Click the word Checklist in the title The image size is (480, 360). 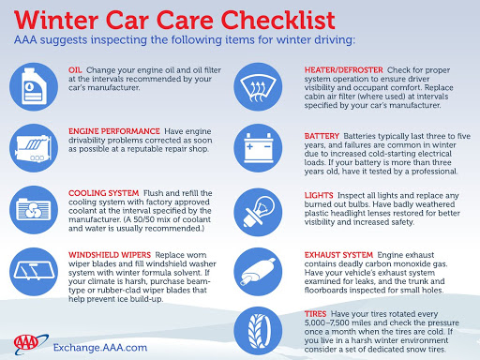(x=277, y=21)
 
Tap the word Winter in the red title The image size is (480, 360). (x=56, y=21)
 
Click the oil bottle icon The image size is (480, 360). (x=34, y=87)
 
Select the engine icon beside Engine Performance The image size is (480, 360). (x=34, y=148)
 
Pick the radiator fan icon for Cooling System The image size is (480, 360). (x=34, y=210)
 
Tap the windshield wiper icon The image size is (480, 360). (x=34, y=272)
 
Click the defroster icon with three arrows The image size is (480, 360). (x=258, y=87)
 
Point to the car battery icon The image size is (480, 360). (x=258, y=148)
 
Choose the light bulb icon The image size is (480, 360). (x=258, y=212)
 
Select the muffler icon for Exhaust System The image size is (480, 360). (x=258, y=272)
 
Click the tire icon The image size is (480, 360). (x=258, y=331)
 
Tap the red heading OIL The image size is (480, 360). (x=75, y=70)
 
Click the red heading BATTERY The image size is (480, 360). (x=322, y=136)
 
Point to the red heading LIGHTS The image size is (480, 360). (x=319, y=196)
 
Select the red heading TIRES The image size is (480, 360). (x=315, y=314)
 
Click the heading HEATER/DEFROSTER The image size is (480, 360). (x=344, y=70)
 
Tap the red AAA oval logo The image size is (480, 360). (x=26, y=343)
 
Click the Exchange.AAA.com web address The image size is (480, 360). (x=100, y=348)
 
